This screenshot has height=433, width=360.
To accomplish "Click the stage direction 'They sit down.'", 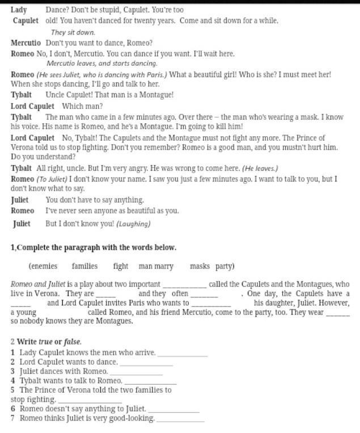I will click(73, 32).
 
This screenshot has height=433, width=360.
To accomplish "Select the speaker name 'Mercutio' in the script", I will click(26, 43).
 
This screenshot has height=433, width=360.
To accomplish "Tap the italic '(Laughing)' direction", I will click(133, 224).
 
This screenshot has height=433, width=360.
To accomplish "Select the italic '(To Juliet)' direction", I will click(52, 179).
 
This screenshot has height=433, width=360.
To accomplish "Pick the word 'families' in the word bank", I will click(84, 266).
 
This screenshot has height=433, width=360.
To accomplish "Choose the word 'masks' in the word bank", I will click(200, 266).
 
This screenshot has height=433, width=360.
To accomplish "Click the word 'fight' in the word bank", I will click(120, 266).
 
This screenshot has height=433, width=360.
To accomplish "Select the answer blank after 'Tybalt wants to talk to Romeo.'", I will click(150, 382).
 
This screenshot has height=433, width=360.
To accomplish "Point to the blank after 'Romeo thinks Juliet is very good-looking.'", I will click(180, 420).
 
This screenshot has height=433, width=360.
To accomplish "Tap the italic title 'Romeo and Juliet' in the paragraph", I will click(37, 284).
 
